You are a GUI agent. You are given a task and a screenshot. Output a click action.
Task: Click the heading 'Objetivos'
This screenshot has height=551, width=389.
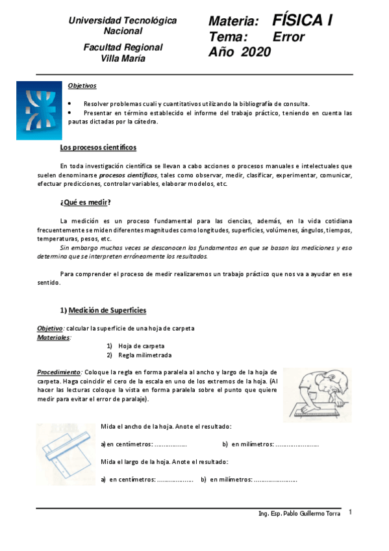tap(82, 85)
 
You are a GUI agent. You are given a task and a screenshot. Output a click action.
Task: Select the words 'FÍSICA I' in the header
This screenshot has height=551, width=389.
tap(303, 21)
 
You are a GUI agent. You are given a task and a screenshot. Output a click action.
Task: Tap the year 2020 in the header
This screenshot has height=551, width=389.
tap(256, 53)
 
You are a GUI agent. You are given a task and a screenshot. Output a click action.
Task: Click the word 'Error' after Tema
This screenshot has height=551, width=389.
tap(288, 37)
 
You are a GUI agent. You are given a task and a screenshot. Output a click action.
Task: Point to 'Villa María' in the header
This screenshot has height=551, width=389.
tap(123, 58)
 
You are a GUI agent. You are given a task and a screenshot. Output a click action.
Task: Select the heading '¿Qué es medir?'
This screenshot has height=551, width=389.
tap(86, 202)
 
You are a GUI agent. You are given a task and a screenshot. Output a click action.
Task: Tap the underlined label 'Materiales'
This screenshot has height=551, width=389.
tap(54, 338)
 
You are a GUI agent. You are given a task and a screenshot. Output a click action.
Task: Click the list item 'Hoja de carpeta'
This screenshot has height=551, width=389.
tap(141, 346)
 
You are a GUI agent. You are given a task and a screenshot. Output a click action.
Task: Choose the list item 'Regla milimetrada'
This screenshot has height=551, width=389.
tap(145, 356)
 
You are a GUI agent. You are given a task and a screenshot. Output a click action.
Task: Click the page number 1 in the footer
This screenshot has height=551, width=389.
tap(350, 513)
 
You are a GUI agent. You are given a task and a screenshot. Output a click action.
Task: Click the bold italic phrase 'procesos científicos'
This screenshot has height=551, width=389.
tap(128, 175)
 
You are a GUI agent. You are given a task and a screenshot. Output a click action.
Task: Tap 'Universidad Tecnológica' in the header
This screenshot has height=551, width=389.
tap(123, 21)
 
